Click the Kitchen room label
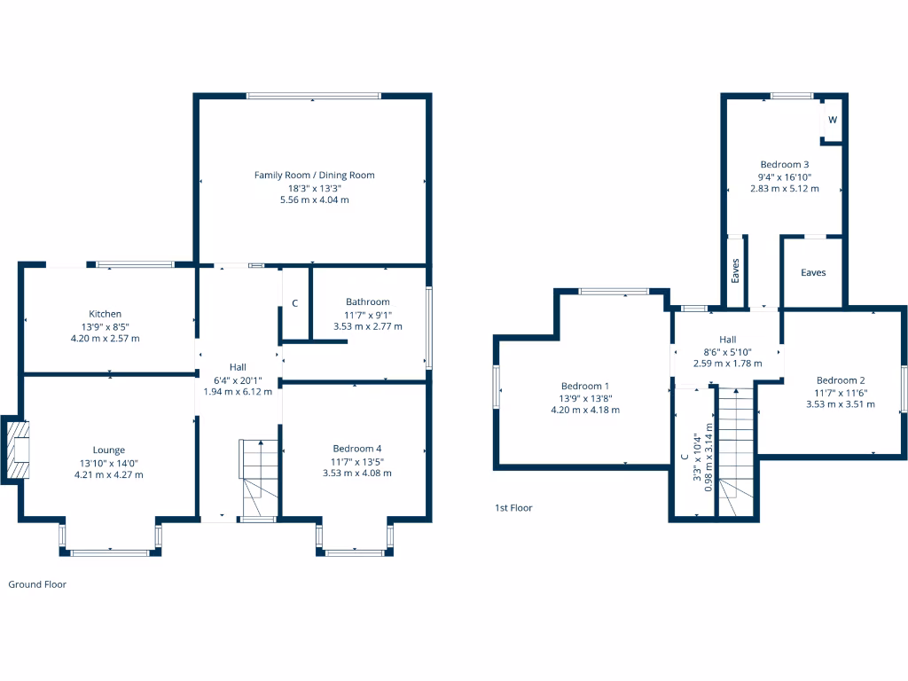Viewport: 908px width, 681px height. pos(105,314)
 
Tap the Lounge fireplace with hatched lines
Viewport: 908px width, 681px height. pos(17,450)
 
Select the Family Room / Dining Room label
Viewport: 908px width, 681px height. pos(314,175)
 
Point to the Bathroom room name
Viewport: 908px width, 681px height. pos(367,302)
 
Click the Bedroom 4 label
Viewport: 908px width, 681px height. pos(357,449)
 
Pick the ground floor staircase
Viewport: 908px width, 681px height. pos(258,479)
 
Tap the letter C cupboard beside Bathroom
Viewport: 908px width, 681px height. pos(294,304)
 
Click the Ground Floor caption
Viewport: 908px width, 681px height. pos(37,584)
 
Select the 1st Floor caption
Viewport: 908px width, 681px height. pos(513,508)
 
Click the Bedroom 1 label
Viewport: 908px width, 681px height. pos(584,386)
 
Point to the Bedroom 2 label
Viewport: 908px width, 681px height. pos(840,380)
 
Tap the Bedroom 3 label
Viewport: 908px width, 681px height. pos(784,164)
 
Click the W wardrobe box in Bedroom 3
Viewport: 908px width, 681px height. pos(833,120)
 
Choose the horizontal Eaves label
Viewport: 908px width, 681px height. pos(813,272)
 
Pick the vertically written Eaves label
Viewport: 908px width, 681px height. pos(735,270)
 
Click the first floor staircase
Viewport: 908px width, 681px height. pos(735,452)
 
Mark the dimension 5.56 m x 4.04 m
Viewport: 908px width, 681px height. pos(314,200)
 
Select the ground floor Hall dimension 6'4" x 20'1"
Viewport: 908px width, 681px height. pos(238,380)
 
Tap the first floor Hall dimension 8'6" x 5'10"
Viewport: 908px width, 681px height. pos(727,351)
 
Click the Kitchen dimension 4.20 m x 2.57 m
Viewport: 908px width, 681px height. pos(105,339)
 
